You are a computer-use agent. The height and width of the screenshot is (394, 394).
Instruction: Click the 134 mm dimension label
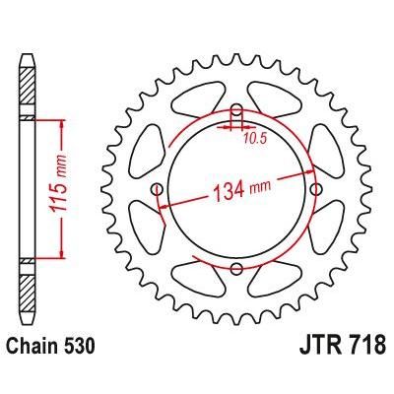(242, 190)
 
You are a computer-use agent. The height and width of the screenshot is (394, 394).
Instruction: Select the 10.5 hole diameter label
(254, 139)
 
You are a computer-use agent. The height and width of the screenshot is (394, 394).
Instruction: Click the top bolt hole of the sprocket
(236, 110)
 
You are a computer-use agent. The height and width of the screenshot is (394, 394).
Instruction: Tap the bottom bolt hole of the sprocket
(236, 269)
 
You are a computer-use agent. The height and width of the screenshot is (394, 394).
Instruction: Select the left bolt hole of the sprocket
(157, 189)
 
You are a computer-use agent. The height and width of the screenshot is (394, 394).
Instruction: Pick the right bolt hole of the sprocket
(316, 189)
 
